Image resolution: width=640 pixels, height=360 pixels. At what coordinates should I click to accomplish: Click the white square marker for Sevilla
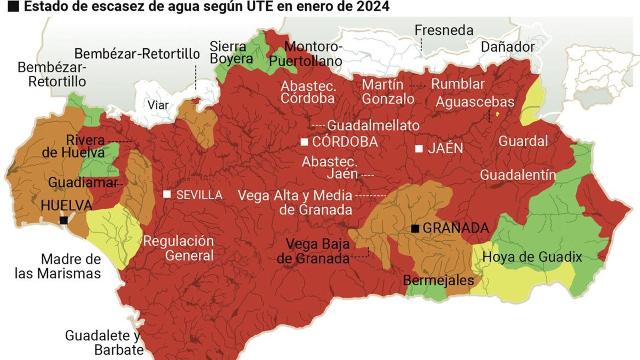click(167, 194)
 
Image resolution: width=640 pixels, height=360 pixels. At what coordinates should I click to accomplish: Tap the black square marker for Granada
click(415, 228)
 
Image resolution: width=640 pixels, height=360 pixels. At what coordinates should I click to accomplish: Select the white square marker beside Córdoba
click(304, 142)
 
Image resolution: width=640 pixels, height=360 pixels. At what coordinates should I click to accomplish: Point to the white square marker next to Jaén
click(419, 148)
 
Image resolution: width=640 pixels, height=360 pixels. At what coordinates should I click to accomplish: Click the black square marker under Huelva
click(63, 220)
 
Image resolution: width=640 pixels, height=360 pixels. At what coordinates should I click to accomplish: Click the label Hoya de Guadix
click(532, 257)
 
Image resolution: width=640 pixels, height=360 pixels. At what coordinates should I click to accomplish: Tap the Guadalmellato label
click(373, 126)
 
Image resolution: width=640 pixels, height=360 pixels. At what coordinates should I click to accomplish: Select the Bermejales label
click(438, 280)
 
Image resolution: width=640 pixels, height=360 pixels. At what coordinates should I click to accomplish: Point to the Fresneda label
click(444, 30)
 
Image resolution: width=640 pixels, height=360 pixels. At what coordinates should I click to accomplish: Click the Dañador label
click(507, 47)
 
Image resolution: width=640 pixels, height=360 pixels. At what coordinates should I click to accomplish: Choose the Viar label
click(158, 105)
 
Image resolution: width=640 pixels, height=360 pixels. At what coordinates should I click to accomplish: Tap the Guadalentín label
click(518, 175)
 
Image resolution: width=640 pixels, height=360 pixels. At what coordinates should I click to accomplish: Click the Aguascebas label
click(475, 102)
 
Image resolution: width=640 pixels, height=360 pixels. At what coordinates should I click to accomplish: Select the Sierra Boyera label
click(231, 52)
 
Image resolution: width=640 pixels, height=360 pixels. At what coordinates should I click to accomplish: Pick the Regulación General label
click(179, 248)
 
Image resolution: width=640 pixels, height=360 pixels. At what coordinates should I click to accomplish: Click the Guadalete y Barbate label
click(103, 342)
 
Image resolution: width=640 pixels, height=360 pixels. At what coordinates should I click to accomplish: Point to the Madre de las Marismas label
click(58, 266)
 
